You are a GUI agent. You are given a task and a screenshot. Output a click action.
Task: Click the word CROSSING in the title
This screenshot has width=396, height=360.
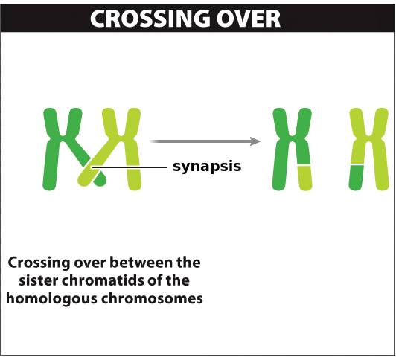tap(150, 19)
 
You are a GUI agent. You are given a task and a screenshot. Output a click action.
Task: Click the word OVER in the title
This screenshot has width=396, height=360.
tap(249, 19)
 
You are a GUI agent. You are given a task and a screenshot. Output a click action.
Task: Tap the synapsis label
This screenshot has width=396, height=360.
tap(207, 167)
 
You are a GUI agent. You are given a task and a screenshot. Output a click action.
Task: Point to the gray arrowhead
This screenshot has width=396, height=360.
tap(255, 141)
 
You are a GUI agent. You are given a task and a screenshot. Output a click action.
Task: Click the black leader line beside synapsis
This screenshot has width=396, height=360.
tap(129, 167)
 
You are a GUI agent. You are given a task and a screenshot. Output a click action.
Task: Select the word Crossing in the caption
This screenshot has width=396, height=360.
tap(39, 263)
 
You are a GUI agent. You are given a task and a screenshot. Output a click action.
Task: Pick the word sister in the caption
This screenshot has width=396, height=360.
tap(39, 280)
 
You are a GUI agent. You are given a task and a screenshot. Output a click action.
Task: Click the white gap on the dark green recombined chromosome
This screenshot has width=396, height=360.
tap(304, 166)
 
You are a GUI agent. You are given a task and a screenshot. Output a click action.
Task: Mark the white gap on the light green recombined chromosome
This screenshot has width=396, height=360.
tap(357, 165)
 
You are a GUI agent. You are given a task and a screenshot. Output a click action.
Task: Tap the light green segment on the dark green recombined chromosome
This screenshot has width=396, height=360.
tap(305, 178)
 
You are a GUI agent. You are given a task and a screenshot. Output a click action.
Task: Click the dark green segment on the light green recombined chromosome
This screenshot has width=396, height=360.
tap(357, 178)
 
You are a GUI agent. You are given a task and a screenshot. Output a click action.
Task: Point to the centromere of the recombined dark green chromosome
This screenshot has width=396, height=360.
tap(292, 138)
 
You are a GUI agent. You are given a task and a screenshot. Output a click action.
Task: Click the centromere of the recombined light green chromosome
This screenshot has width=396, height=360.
tap(368, 138)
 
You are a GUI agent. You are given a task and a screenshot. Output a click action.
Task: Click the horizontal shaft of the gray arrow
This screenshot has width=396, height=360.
tap(200, 141)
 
